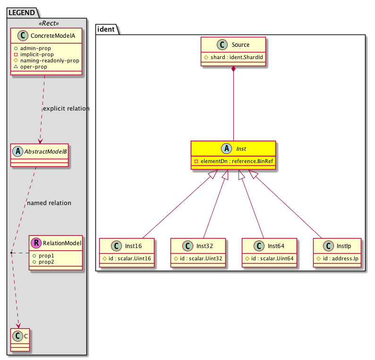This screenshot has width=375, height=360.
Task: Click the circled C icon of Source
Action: (x=222, y=45)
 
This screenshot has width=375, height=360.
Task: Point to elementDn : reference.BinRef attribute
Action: (x=236, y=161)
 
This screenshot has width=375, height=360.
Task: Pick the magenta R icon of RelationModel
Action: (x=36, y=243)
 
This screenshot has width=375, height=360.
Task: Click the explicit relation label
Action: (x=66, y=109)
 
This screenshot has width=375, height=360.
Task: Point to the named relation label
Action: (x=49, y=203)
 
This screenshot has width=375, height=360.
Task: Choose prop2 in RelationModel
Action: (x=47, y=262)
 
